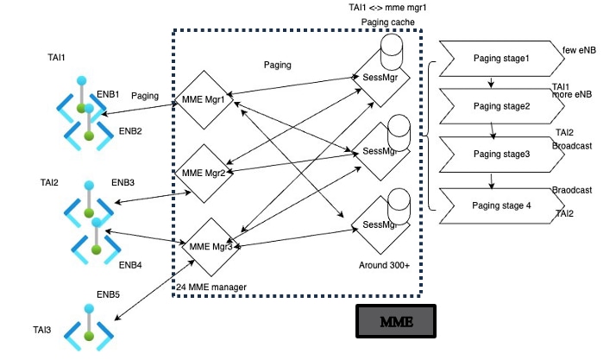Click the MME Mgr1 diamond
coord(204,99)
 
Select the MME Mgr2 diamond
coord(204,174)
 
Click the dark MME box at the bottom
coord(396,322)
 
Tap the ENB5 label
coord(108,295)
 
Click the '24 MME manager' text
coord(211,287)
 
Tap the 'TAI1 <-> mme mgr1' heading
coord(376,7)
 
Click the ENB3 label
coord(123,183)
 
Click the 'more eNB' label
coord(571,93)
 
